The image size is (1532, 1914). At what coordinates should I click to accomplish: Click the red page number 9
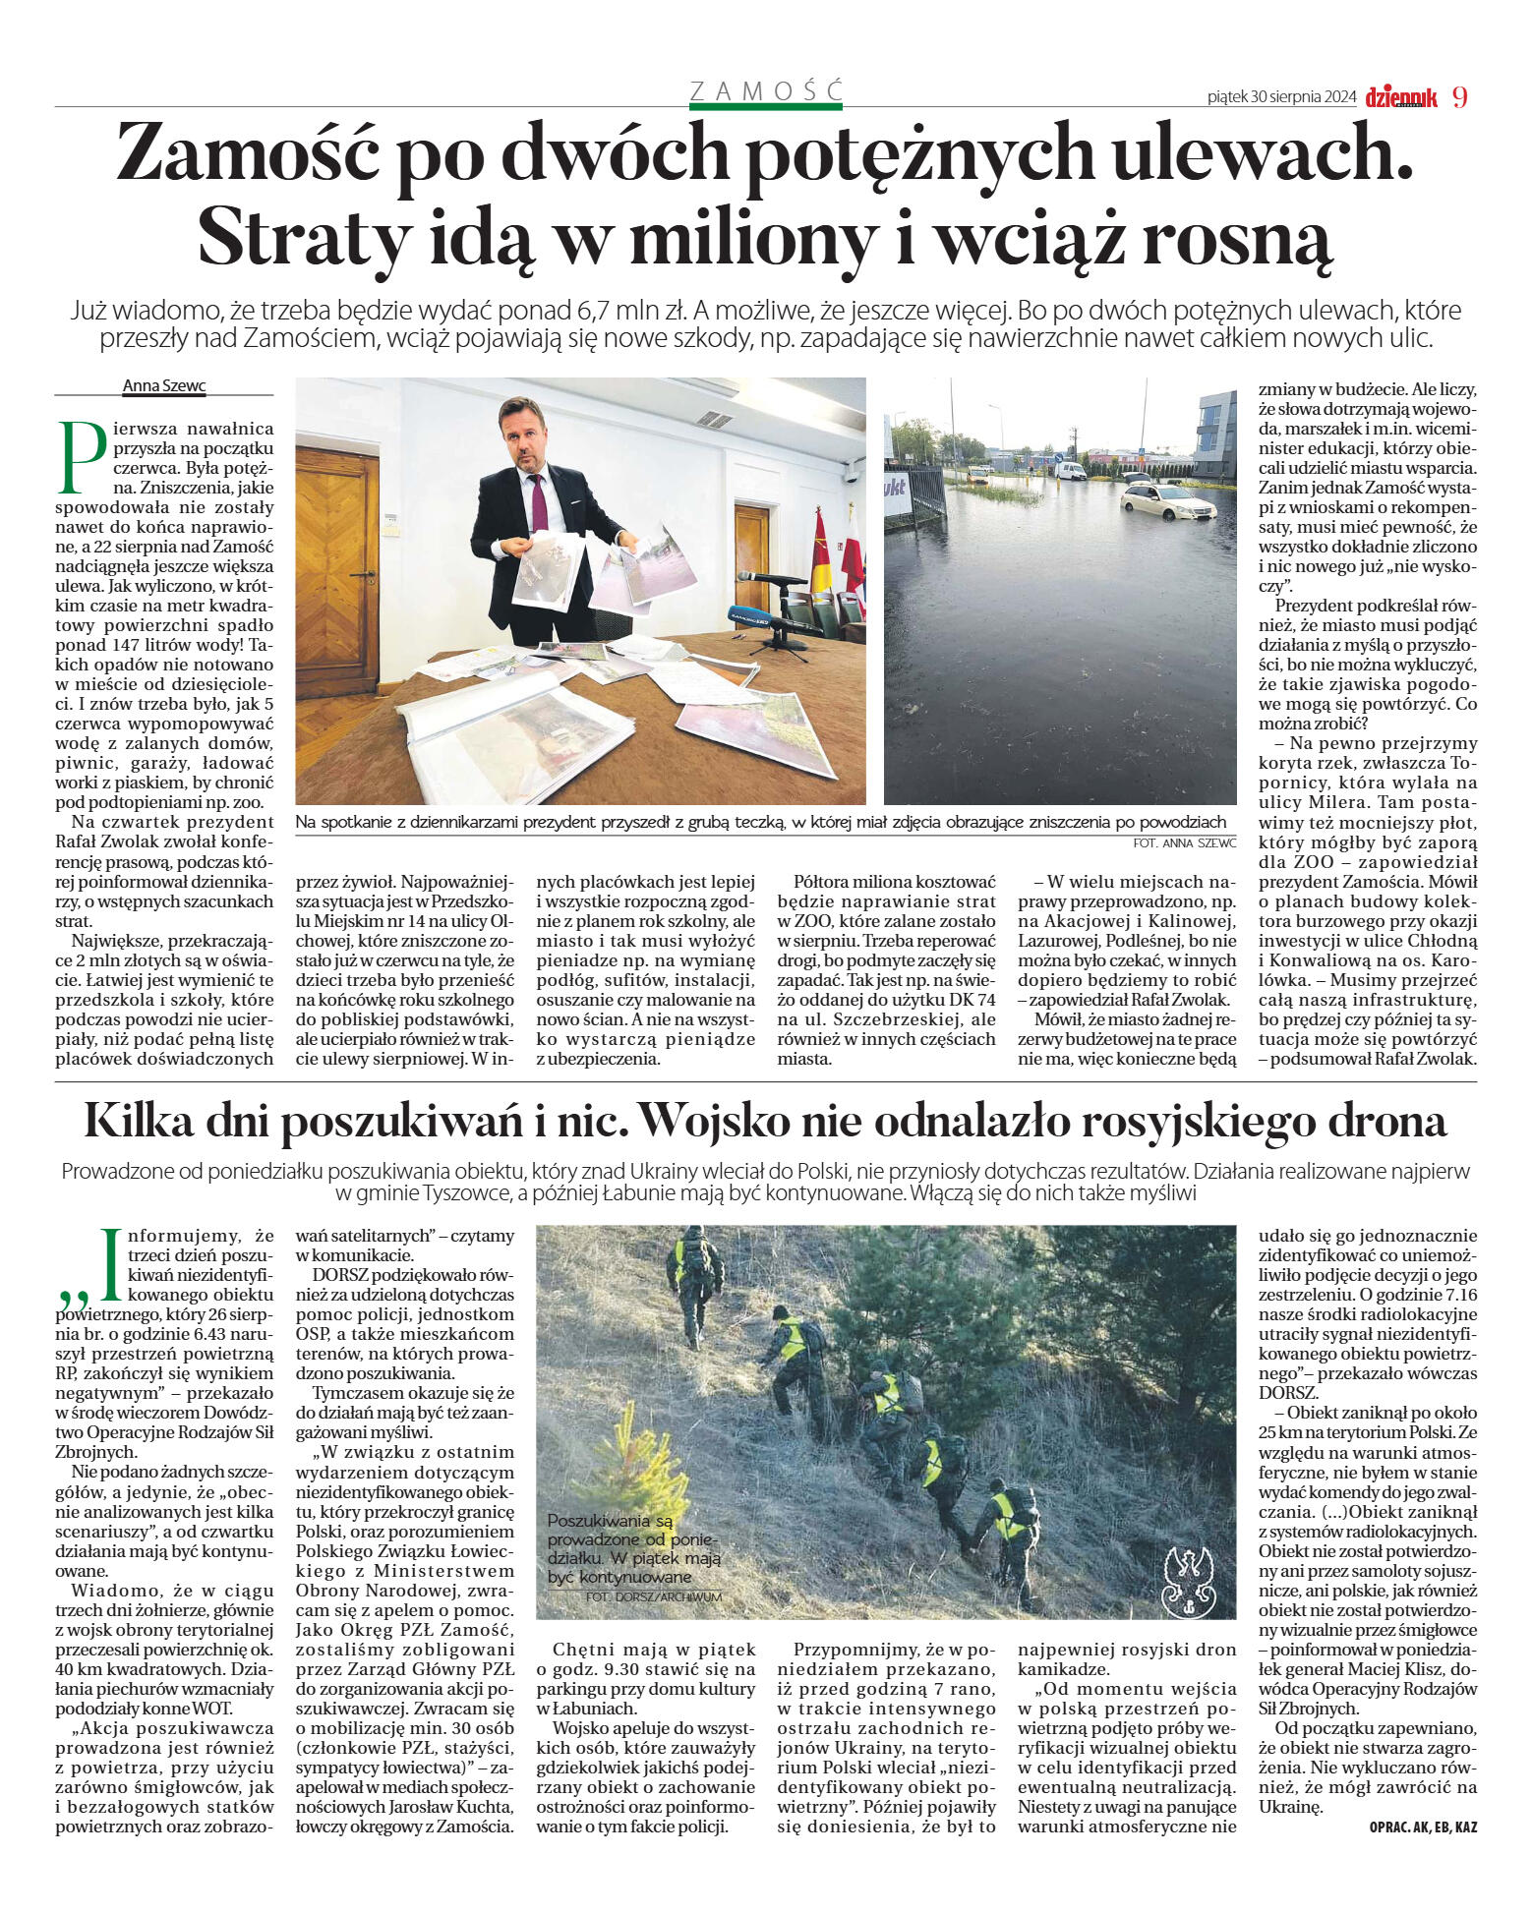point(1459,96)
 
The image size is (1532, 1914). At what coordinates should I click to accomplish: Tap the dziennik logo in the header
point(1401,97)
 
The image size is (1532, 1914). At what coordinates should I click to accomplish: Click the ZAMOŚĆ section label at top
point(766,91)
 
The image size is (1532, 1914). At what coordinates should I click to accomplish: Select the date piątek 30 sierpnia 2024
point(1281,97)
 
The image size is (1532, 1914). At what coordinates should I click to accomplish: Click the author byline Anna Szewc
point(164,386)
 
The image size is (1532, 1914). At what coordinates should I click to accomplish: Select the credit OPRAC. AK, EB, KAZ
point(1422,1827)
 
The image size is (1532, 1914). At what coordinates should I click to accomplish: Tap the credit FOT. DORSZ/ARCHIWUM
point(653,1597)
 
